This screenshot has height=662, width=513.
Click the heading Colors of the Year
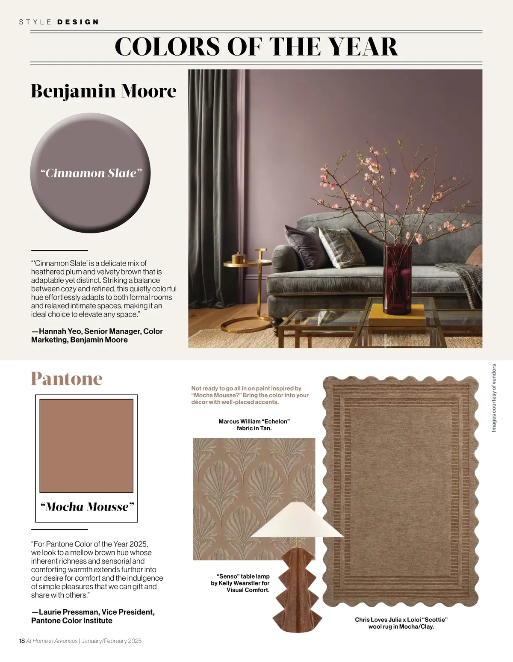coord(256,47)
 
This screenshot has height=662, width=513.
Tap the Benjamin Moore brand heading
coord(103,91)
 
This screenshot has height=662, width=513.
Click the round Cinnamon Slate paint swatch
coord(91,173)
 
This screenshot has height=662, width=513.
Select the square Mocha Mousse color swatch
coord(86,446)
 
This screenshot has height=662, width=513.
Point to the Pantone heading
coord(67,379)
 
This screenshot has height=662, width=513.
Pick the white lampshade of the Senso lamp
coord(297,520)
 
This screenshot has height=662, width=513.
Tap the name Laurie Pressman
coord(69,612)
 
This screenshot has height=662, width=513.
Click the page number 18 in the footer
coord(22,641)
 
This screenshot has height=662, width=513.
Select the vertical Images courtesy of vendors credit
coord(494,397)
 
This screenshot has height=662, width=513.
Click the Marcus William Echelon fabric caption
coord(254,425)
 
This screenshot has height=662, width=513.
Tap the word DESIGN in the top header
coord(78,22)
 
